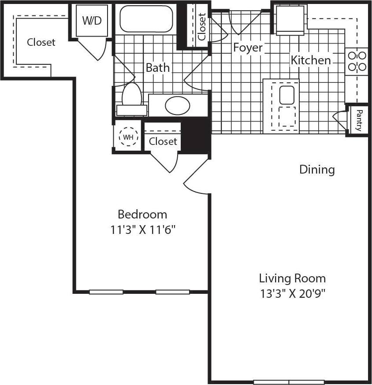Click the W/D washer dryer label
(x=92, y=21)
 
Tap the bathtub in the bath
(x=146, y=19)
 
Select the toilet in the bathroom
(x=131, y=96)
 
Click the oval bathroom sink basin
(x=177, y=105)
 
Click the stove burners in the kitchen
(x=357, y=61)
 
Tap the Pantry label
(x=359, y=120)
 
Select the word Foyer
(x=248, y=47)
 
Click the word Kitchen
(x=310, y=60)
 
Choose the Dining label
(x=317, y=169)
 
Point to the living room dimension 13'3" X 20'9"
(x=292, y=293)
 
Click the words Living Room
(x=292, y=278)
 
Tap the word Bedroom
(x=142, y=215)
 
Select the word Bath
(x=157, y=67)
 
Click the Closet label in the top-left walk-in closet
(x=41, y=42)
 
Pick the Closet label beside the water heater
(x=163, y=141)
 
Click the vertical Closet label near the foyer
(x=201, y=26)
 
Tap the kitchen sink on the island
(x=286, y=95)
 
